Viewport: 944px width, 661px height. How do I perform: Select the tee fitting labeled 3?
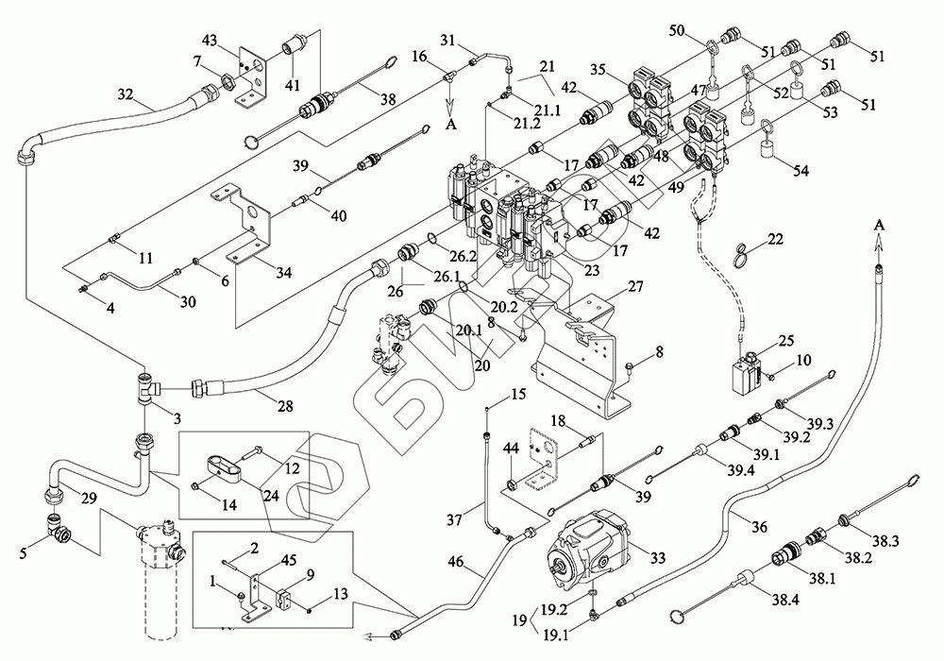pos(146,387)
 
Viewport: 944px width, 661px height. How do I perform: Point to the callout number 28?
pos(284,406)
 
